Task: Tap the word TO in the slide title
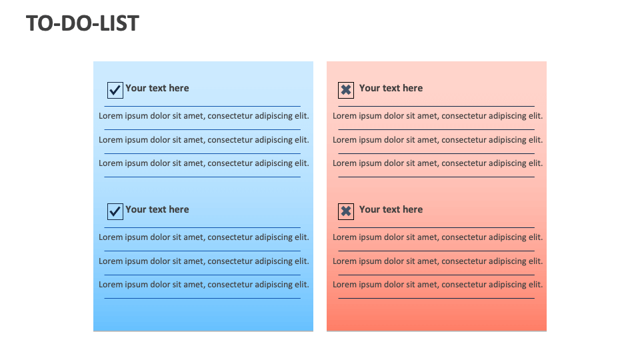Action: coord(39,23)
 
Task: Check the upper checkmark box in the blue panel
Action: coord(115,90)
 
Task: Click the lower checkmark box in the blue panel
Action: coord(115,211)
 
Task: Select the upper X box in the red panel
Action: coord(346,90)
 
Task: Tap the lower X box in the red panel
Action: coord(346,211)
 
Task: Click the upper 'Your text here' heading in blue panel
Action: coord(157,88)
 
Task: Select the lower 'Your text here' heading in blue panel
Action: coord(157,209)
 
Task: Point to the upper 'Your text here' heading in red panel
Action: coord(391,88)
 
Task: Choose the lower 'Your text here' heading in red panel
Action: coord(391,209)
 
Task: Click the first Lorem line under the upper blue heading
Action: coord(204,116)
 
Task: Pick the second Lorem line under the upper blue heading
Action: coord(204,140)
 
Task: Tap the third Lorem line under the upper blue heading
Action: coord(204,163)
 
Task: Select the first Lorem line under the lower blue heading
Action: coord(204,237)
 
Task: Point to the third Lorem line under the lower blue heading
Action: coord(204,285)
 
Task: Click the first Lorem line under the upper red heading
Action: coord(438,116)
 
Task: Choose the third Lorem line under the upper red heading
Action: coord(438,163)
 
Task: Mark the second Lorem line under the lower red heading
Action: coord(438,261)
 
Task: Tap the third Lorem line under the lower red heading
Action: coord(438,285)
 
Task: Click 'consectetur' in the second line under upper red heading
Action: coord(464,140)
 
